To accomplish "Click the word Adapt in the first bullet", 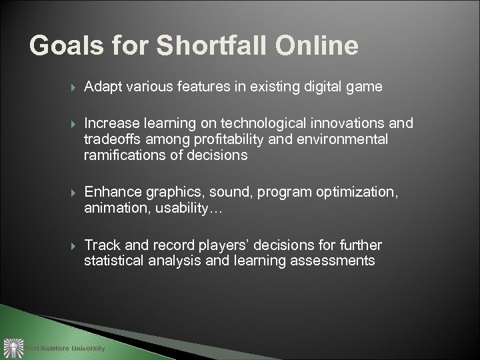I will coord(101,87).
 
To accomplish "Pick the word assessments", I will coord(333,260).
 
